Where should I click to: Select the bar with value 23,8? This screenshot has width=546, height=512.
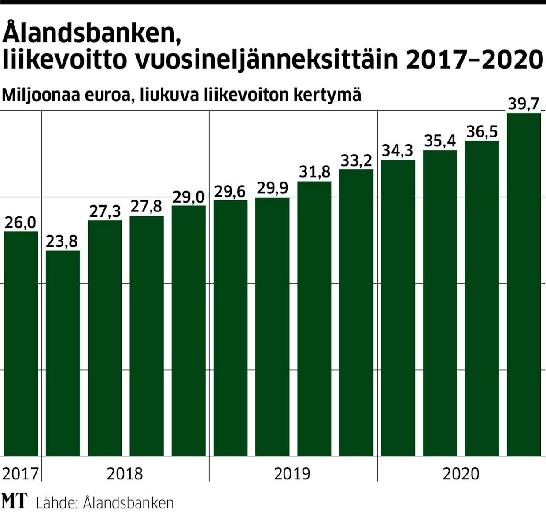pos(63,352)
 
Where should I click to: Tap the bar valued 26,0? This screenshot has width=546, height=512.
pos(21,344)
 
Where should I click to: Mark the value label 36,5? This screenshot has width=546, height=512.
pos(482,132)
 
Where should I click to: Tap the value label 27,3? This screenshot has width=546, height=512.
pos(105,212)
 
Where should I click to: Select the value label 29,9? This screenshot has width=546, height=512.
pos(272,189)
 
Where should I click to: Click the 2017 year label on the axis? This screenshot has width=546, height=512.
pos(20,474)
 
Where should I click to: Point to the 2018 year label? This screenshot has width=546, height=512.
pos(125,474)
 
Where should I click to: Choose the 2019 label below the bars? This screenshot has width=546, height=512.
pos(292,474)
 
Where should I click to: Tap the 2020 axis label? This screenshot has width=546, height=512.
pos(461,474)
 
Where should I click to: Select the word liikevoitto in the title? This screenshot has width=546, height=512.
pos(65,60)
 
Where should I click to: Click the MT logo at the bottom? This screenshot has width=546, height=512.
pos(15,501)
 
